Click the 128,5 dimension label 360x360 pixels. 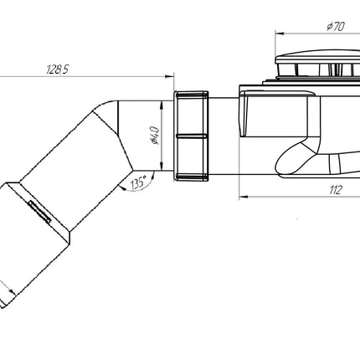57,69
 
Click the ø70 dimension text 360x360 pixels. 336,27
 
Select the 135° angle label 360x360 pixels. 138,183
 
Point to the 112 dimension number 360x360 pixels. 335,190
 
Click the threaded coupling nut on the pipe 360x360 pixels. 192,136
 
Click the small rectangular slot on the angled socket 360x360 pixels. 40,212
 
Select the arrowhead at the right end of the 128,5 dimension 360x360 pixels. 170,76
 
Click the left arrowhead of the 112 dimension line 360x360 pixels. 244,197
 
